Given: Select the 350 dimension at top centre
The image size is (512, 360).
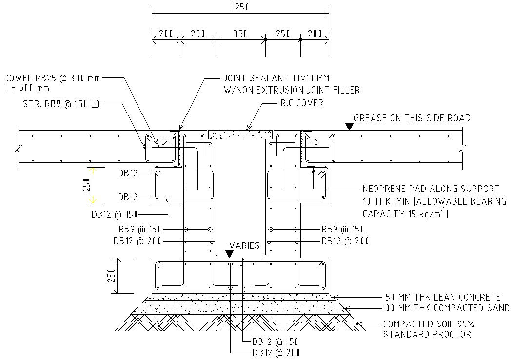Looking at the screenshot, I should pos(240,34).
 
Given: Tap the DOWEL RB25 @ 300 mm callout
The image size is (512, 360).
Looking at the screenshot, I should pos(52,78).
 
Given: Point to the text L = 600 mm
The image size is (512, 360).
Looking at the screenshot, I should pos(26,88).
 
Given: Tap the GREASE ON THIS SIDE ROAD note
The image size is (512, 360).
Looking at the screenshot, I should pos(412,118).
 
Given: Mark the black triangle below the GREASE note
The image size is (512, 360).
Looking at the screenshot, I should pos(349,127).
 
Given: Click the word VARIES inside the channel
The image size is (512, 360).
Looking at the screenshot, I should pos(244,246).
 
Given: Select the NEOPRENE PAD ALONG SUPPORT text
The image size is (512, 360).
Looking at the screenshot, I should pos(431,189).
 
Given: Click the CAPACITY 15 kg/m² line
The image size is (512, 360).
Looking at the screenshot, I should pos(405,214).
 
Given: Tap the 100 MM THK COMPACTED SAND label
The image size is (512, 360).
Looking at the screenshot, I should pos(446,308).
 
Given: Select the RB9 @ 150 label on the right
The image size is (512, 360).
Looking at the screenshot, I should pos(343,229).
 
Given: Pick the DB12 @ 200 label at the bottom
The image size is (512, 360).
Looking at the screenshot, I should pos(276,353).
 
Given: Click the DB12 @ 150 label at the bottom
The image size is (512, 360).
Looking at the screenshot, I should pos(276,342).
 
